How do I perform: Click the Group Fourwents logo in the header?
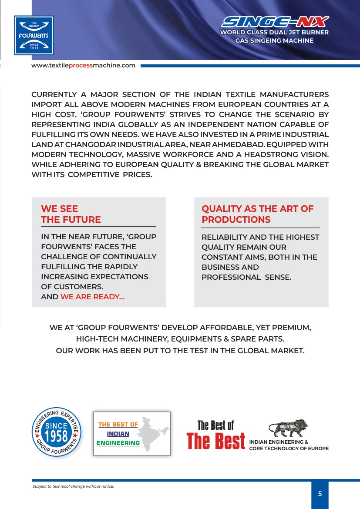34,35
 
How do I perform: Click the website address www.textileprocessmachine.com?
83,66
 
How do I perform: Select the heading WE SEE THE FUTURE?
71,214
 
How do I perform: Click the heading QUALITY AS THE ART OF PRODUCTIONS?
257,214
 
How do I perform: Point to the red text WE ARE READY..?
92,297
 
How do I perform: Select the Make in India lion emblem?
288,429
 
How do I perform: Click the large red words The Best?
216,441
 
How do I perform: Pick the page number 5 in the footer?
320,494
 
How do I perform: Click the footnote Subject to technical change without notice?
73,486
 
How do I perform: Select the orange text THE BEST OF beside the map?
118,424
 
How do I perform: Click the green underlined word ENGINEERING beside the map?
118,443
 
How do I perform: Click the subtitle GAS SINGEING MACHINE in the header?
274,40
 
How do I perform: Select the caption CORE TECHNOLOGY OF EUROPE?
289,449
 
